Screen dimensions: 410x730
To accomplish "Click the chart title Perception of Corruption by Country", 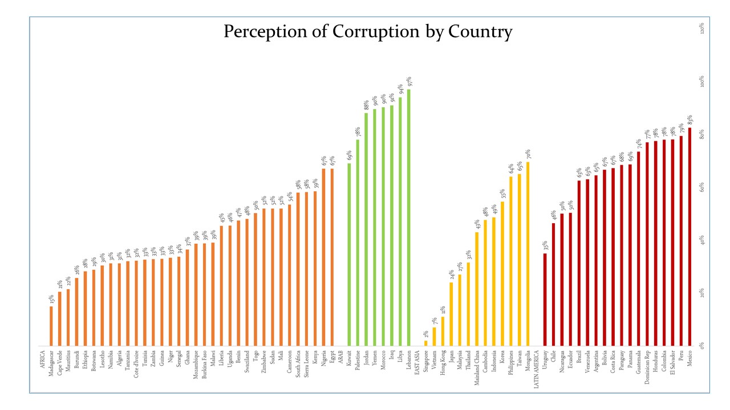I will pos(368,31).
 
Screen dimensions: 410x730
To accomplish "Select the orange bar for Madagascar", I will pos(51,326).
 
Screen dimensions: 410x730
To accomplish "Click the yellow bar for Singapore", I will pos(425,343).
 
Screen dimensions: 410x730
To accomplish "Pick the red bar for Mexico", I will pos(690,236).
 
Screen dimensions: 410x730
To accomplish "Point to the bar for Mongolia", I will pos(528,254).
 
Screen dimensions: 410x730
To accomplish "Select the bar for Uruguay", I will pos(545,300).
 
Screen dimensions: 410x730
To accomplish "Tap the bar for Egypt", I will pos(332,257).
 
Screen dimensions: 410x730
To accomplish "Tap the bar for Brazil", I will pos(579,263).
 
